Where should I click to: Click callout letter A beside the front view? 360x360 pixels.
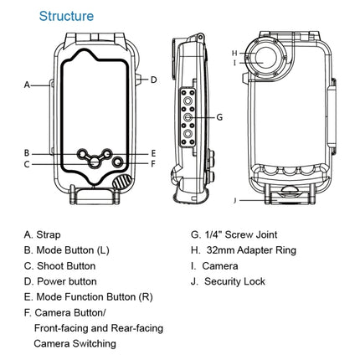(x=27, y=85)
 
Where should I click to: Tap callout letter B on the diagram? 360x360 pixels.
(x=27, y=153)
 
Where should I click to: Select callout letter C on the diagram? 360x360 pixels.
(x=27, y=164)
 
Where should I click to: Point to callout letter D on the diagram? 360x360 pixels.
(x=153, y=80)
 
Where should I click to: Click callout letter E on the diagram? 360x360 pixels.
(x=153, y=154)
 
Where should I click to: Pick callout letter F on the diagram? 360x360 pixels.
(x=153, y=164)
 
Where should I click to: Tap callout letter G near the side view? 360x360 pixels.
(x=219, y=117)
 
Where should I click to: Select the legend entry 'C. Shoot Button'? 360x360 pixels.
(x=59, y=265)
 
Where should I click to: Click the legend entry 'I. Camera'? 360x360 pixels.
(x=217, y=265)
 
